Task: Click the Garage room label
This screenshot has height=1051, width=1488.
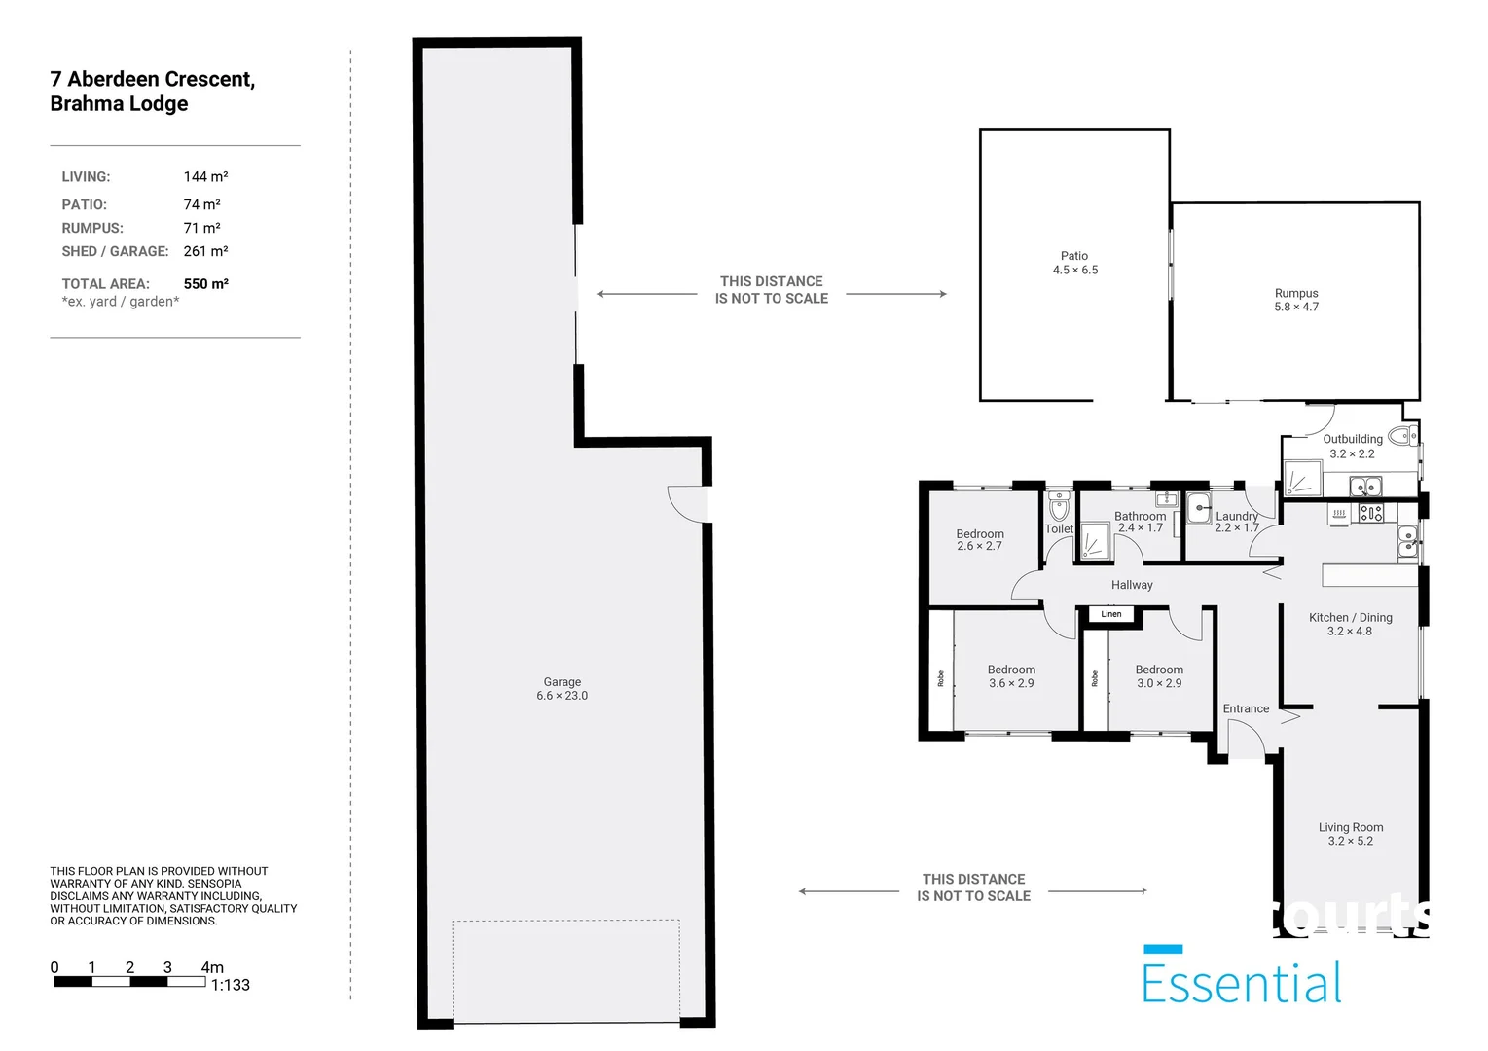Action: click(562, 688)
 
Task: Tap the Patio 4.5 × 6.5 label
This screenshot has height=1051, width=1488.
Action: click(1074, 263)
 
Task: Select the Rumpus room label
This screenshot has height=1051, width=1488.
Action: click(1296, 300)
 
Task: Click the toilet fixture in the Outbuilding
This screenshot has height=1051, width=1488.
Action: click(1403, 436)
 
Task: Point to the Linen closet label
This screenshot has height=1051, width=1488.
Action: click(1110, 614)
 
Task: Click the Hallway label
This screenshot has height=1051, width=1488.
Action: click(1132, 585)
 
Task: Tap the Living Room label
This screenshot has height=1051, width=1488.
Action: click(1351, 834)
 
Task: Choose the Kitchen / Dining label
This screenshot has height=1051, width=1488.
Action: click(1351, 624)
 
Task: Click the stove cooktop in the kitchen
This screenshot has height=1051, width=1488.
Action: click(1370, 512)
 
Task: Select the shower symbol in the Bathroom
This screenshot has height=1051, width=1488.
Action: click(1095, 541)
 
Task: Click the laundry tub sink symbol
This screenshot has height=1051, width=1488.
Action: click(1199, 510)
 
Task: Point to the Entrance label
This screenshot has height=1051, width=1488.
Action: click(1246, 708)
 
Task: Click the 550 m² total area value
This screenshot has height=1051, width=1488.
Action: click(206, 284)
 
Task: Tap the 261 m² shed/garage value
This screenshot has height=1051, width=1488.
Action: click(206, 251)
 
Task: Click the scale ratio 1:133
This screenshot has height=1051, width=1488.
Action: click(231, 985)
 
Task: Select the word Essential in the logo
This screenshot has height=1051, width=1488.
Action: click(1242, 983)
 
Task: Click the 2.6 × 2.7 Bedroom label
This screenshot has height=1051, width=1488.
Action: click(980, 539)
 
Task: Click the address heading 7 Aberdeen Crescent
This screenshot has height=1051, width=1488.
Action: click(152, 79)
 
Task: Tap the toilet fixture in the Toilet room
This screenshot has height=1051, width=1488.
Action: click(1059, 506)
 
